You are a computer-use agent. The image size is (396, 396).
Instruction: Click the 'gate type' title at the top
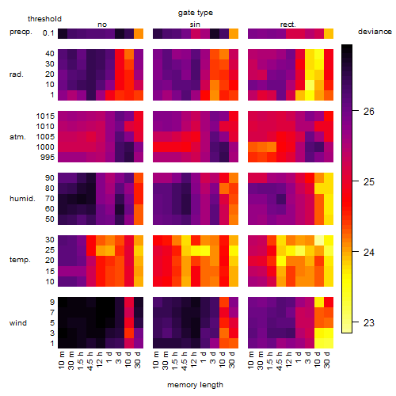[x=196, y=13]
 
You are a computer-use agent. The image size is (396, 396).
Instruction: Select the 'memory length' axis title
[x=196, y=385]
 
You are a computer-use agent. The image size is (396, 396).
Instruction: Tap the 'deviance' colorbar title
[x=375, y=32]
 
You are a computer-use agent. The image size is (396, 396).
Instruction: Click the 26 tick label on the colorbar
[x=369, y=112]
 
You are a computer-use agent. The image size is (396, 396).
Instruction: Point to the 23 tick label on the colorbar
[x=369, y=322]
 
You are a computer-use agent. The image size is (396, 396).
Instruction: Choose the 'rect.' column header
[x=287, y=25]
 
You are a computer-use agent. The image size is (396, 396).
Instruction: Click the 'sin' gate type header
[x=195, y=25]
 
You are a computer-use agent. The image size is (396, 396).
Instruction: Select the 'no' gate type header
[x=102, y=25]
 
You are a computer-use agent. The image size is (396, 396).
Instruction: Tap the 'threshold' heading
[x=44, y=19]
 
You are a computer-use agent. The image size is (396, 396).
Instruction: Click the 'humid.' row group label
[x=22, y=199]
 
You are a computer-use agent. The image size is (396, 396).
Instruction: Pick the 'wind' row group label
[x=18, y=323]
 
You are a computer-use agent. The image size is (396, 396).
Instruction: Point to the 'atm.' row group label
[x=17, y=137]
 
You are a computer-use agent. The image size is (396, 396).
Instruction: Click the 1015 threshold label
[x=45, y=116]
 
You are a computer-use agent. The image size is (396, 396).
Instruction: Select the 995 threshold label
[x=48, y=158]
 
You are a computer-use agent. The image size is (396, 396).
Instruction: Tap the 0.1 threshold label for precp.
[x=48, y=33]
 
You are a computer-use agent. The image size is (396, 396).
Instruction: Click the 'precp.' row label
[x=21, y=32]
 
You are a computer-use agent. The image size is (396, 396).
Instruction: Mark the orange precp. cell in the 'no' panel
[x=139, y=34]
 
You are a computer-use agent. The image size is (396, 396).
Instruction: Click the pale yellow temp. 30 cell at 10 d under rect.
[x=319, y=240]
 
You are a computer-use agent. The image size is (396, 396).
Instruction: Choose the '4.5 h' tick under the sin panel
[x=185, y=360]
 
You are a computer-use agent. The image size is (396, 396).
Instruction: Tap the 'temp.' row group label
[x=20, y=260]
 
